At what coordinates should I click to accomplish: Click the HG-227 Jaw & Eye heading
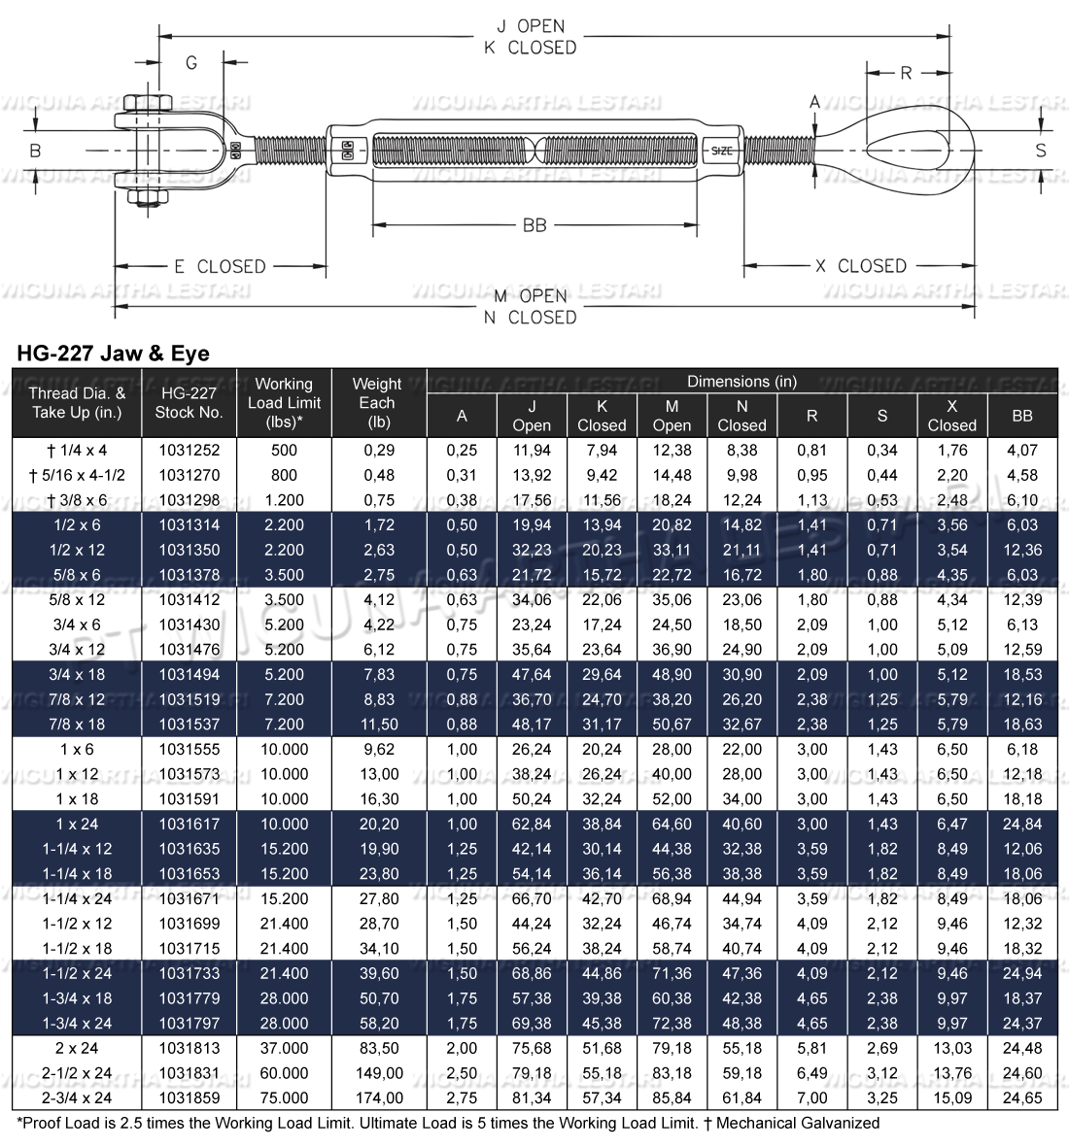[x=113, y=354]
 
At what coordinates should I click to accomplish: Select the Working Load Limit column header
[x=284, y=403]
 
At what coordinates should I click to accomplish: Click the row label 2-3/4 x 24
[x=77, y=1098]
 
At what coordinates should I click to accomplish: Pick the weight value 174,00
[x=379, y=1098]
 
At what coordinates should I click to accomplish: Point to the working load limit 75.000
[x=284, y=1098]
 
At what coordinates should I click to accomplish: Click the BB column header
[x=1021, y=416]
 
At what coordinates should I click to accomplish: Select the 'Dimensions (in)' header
[x=741, y=382]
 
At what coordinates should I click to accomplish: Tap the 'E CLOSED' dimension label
[x=220, y=266]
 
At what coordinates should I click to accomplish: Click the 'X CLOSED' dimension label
[x=860, y=266]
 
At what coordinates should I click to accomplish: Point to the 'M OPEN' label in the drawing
[x=530, y=296]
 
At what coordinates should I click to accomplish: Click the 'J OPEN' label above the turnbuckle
[x=530, y=26]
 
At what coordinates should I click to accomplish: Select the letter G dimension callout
[x=191, y=63]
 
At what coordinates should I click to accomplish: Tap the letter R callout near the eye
[x=906, y=73]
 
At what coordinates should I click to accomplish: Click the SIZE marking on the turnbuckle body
[x=722, y=151]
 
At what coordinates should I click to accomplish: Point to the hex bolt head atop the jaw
[x=150, y=103]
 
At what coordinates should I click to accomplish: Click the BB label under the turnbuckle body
[x=534, y=225]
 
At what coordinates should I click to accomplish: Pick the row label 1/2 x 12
[x=77, y=550]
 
